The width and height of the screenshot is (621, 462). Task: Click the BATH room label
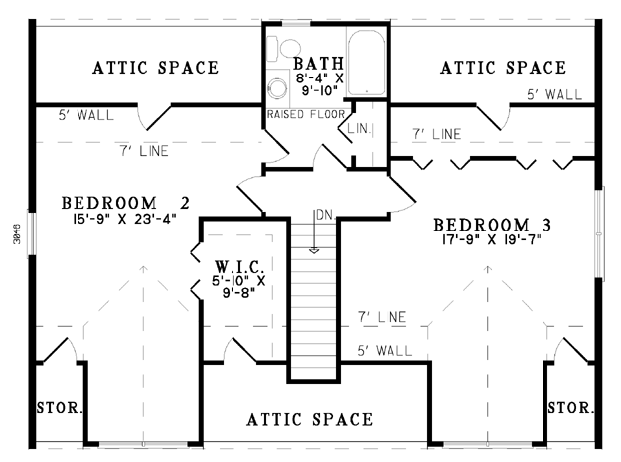click(x=318, y=64)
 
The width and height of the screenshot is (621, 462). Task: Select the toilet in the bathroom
click(x=283, y=48)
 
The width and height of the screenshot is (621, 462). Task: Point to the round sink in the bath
click(x=277, y=87)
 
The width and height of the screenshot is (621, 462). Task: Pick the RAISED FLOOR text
click(x=306, y=115)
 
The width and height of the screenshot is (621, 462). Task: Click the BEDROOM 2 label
click(x=125, y=203)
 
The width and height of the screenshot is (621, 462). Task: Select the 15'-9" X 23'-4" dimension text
click(x=124, y=219)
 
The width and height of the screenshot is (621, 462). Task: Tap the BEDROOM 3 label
click(x=492, y=225)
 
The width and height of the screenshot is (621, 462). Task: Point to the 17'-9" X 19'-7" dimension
click(x=492, y=239)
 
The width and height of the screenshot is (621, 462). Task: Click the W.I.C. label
click(x=239, y=266)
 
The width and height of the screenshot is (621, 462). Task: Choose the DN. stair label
click(x=325, y=215)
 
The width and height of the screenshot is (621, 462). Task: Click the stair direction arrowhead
click(x=314, y=250)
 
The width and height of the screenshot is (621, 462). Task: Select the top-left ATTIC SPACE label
click(x=156, y=68)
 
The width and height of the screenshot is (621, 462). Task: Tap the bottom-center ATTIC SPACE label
click(x=310, y=419)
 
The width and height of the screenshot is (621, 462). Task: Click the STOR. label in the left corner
click(x=60, y=407)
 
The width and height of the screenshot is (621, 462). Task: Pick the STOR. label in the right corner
click(x=571, y=407)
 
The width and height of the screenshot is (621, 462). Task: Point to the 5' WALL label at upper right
click(x=554, y=95)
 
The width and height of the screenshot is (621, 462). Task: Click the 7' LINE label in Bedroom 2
click(x=144, y=151)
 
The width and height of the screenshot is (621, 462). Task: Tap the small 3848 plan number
click(x=17, y=233)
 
